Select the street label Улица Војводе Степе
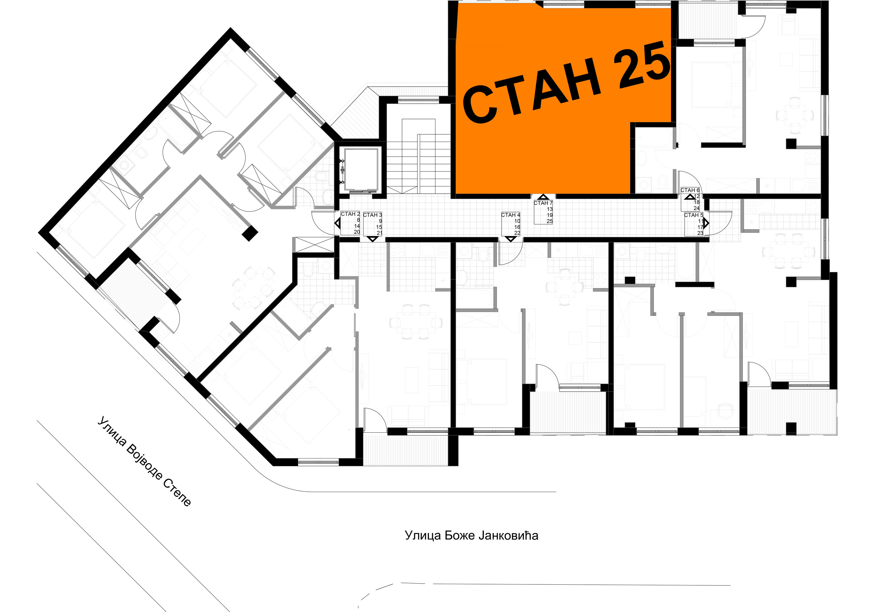click(x=144, y=461)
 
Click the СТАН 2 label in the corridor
click(x=350, y=214)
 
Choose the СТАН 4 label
click(x=511, y=215)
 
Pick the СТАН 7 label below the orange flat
click(x=543, y=203)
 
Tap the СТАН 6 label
click(x=690, y=190)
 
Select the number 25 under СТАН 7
click(x=549, y=221)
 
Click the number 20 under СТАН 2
click(x=357, y=232)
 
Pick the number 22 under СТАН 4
click(x=517, y=233)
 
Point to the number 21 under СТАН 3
click(x=379, y=233)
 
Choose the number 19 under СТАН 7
click(x=549, y=215)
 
